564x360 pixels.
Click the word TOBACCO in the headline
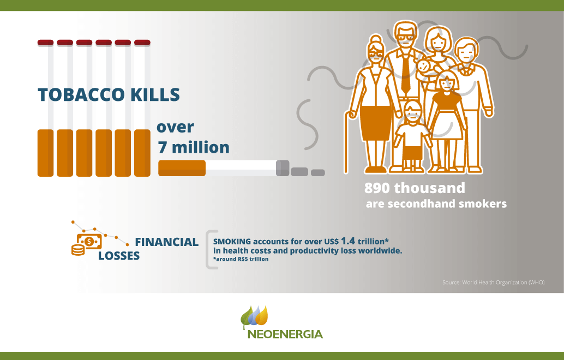point(81,94)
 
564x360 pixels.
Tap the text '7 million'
point(194,147)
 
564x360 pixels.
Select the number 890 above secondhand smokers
point(377,188)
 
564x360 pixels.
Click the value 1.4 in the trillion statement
point(348,241)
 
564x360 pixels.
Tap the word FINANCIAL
point(166,242)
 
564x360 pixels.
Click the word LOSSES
point(119,256)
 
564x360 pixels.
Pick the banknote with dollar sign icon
point(89,241)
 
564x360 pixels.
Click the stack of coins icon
point(78,250)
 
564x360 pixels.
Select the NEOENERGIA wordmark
point(285,334)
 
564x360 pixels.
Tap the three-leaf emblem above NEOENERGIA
point(254,316)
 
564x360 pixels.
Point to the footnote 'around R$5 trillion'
point(241,259)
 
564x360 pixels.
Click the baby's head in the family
point(424,66)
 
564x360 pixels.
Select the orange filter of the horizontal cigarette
point(182,169)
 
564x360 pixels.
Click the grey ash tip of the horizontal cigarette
point(283,169)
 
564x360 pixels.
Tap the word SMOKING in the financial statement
point(232,241)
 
